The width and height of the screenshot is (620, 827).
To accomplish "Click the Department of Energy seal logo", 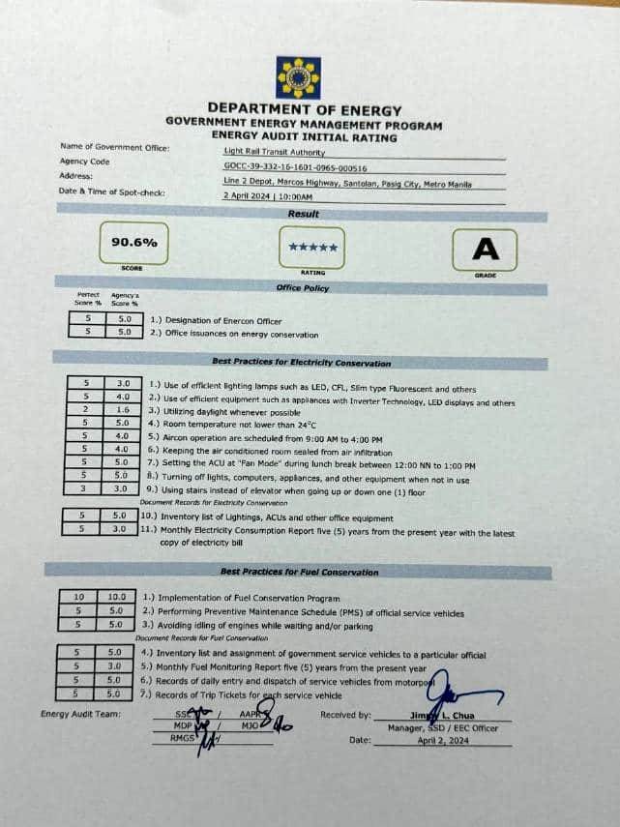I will (298, 77).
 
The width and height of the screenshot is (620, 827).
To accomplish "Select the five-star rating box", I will (312, 249).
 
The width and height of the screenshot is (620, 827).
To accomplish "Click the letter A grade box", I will (486, 251).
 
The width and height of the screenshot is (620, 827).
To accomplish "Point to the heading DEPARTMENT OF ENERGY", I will (304, 110).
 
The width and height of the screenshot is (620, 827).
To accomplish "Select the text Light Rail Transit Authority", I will (275, 151).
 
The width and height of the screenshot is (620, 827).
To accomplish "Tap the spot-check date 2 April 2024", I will (249, 195).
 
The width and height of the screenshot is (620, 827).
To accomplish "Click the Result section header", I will (303, 213).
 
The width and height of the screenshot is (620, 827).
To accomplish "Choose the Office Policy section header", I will (303, 287).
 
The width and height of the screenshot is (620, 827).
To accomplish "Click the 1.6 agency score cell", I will (123, 410).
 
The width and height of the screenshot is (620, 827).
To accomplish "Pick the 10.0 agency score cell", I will (116, 599).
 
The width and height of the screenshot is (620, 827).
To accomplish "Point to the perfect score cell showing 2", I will (86, 410).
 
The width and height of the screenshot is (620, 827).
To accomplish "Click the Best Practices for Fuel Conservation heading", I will (299, 572).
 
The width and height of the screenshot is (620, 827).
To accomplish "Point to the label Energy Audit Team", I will (80, 714).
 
